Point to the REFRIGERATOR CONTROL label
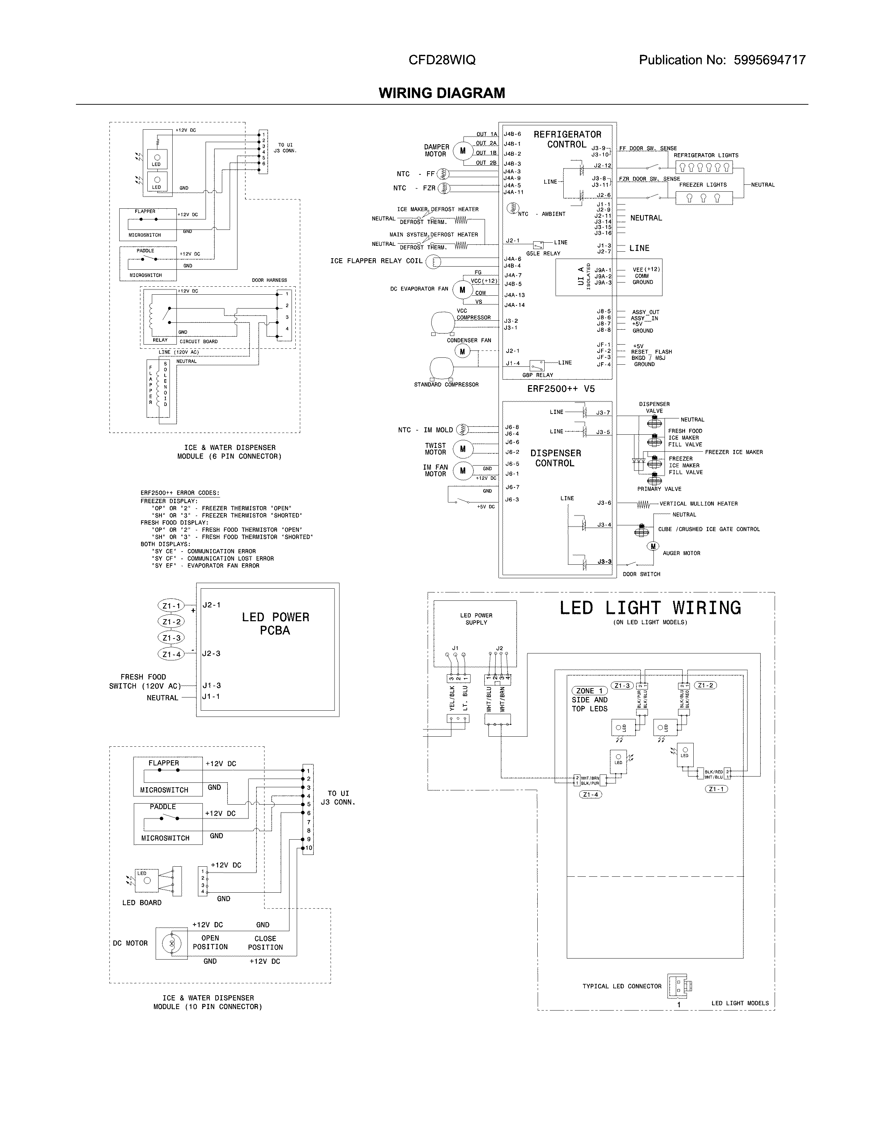click(567, 139)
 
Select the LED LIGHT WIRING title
click(650, 608)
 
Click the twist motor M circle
click(462, 449)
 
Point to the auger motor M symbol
click(653, 546)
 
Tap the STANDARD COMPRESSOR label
click(446, 384)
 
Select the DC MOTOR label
click(130, 943)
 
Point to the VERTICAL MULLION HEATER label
click(698, 504)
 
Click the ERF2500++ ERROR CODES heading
click(180, 493)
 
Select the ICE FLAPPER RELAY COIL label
click(376, 261)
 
